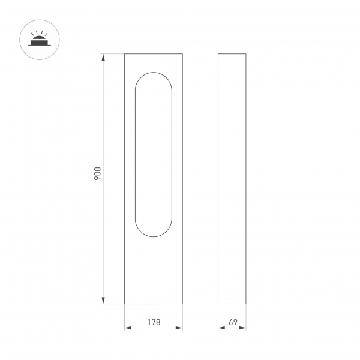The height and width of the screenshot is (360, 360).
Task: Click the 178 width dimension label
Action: point(154,322)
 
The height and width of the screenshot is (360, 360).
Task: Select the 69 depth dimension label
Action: point(233,322)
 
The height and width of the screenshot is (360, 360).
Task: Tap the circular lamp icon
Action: point(38,40)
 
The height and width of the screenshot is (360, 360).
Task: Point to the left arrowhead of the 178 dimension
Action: point(127,327)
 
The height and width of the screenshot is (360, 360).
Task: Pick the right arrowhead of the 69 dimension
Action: point(244,327)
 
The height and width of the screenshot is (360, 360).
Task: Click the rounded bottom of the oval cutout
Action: point(154,236)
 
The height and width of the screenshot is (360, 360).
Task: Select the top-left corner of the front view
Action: point(125,55)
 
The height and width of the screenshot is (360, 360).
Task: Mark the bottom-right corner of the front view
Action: point(182,304)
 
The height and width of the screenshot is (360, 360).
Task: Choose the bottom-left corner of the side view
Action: point(218,304)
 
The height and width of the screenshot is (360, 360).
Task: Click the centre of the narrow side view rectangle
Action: point(232,179)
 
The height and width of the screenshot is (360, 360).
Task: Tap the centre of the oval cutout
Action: point(154,155)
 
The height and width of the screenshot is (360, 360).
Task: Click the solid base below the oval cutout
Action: point(154,270)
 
